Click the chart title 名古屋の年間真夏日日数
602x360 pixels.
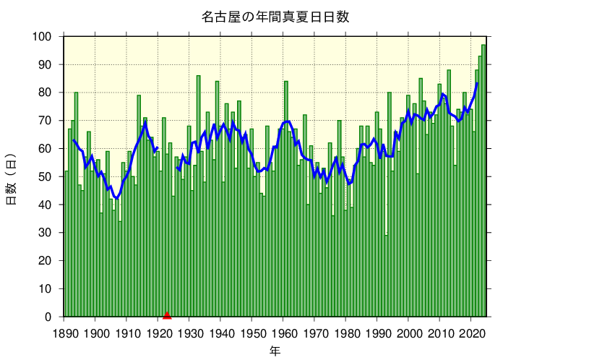275,17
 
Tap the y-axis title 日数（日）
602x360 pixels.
12,179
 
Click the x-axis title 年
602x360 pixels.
275,351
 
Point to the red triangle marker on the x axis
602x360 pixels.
167,314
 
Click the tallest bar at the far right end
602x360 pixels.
483,181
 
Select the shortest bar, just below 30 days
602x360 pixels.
386,275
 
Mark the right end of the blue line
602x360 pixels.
477,84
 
